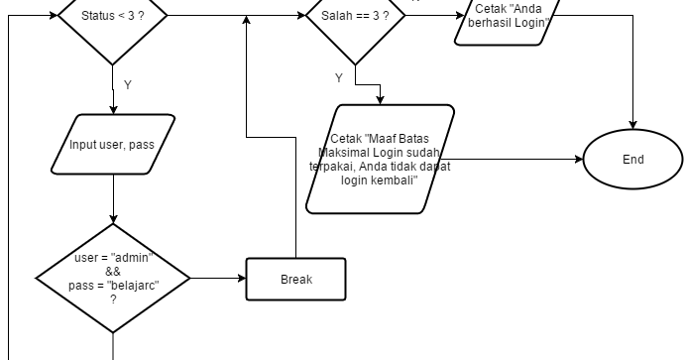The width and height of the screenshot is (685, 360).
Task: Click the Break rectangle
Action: click(295, 279)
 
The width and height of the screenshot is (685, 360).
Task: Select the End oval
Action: click(632, 159)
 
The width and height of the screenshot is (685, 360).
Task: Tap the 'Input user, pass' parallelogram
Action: click(111, 145)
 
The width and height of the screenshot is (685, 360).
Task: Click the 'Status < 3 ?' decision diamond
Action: click(113, 17)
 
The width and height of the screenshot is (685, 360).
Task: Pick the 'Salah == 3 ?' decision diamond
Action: click(354, 17)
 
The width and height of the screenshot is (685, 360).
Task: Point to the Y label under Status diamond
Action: click(127, 85)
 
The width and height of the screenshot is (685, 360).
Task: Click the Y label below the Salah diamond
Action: click(339, 77)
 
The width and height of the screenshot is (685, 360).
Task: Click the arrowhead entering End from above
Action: click(632, 126)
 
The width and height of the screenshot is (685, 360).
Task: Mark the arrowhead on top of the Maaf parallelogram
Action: click(380, 99)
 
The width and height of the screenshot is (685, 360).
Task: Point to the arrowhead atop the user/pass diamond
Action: click(114, 224)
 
